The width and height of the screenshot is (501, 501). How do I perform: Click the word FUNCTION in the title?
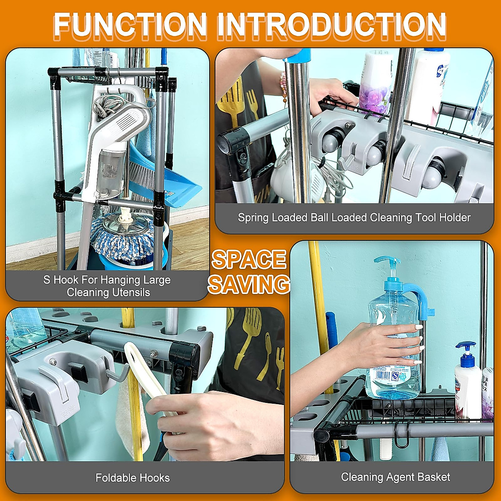click(130, 25)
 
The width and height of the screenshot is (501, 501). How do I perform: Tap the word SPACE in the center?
click(249, 260)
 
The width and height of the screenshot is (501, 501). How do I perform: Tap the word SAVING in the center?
click(249, 284)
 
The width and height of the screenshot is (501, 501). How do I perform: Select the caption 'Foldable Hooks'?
click(132, 478)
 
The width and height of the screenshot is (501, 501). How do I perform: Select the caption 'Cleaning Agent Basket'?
click(395, 477)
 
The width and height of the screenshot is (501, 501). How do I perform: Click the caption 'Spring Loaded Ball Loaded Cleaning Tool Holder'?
click(354, 218)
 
